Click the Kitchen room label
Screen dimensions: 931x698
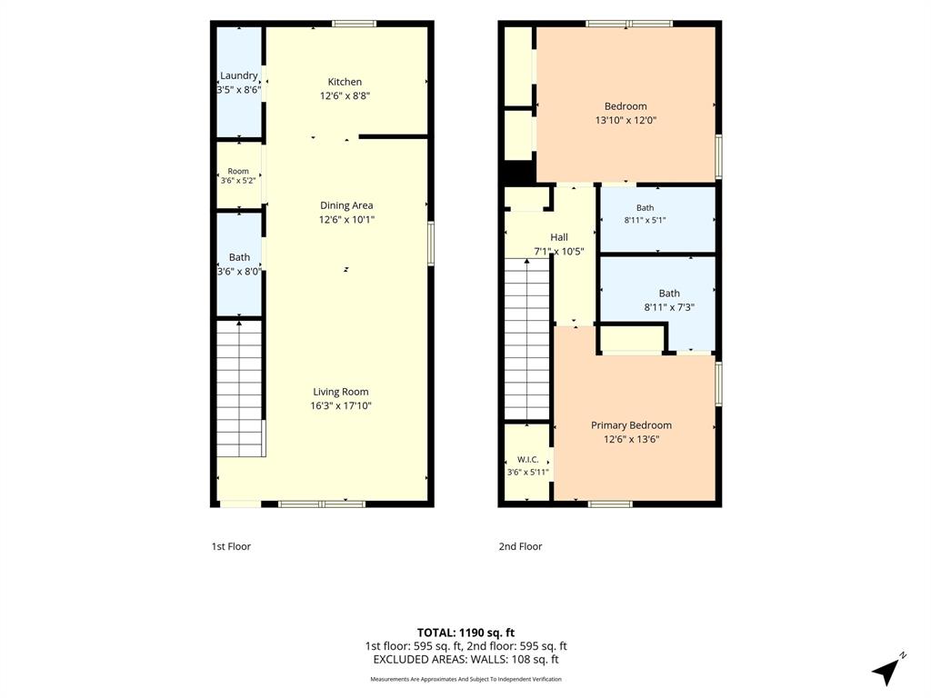point(345,82)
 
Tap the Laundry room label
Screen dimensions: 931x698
point(239,75)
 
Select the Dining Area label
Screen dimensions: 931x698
point(346,205)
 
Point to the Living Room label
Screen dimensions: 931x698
point(341,392)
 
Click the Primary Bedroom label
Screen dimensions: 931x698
point(631,425)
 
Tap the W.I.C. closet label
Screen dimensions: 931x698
point(528,459)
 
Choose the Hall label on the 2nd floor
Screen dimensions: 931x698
point(559,237)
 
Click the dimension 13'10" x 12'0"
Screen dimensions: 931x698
point(626,120)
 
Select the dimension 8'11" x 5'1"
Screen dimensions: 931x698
point(645,220)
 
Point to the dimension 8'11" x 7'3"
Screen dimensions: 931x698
point(669,307)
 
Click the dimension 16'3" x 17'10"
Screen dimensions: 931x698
point(341,406)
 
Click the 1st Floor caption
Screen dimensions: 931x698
point(231,546)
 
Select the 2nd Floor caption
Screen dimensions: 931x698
point(520,546)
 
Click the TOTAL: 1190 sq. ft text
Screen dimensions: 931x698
point(465,633)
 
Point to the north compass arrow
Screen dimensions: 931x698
point(886,671)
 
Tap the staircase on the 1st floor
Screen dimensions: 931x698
point(240,389)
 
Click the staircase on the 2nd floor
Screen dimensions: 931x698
point(526,339)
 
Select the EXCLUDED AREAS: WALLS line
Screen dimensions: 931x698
point(465,660)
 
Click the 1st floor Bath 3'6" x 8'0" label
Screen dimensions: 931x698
point(239,264)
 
